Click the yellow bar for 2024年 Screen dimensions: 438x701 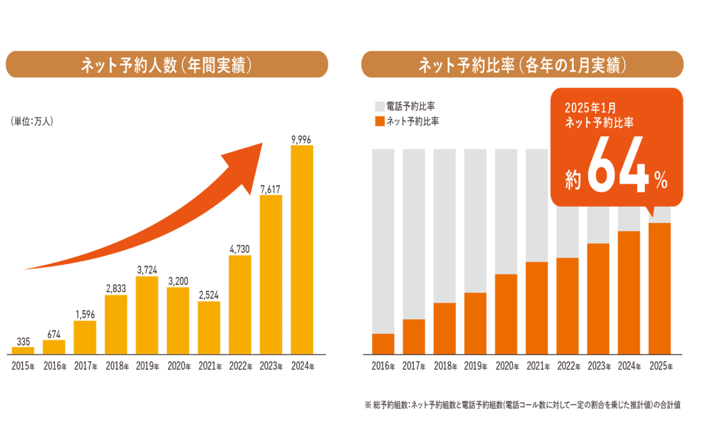point(301,249)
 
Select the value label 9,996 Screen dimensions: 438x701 point(301,140)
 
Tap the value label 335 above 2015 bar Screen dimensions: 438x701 point(23,342)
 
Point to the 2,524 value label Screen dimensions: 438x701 point(209,296)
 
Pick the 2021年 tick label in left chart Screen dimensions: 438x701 point(210,366)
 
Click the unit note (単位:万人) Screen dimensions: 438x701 point(32,121)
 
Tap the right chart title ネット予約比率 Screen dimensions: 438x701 point(522,65)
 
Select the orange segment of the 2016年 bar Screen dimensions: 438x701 point(383,344)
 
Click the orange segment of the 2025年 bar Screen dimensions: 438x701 point(659,288)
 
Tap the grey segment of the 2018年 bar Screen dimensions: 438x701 point(444,226)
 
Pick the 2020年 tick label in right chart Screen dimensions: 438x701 point(507,366)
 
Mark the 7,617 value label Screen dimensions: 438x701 point(271,189)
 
